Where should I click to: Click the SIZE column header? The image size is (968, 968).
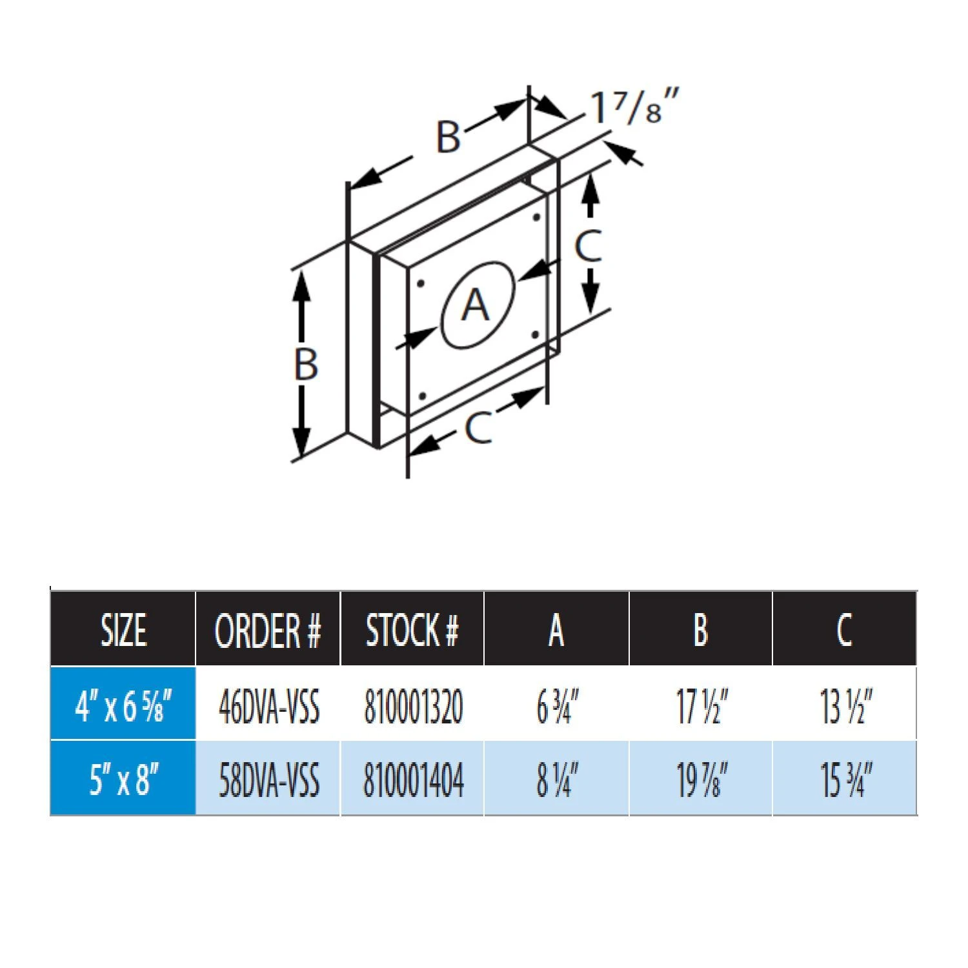pos(123,630)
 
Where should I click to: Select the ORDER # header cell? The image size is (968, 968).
pos(267,630)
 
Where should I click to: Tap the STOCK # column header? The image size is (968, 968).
pos(412,630)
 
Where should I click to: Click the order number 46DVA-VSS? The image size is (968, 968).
pos(268,706)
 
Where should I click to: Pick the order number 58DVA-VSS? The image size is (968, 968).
pos(268,780)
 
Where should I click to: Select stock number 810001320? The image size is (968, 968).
pos(413,706)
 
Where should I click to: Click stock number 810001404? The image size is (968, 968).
pos(413,780)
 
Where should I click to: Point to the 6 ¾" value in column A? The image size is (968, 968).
pos(557,706)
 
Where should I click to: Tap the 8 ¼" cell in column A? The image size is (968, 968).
pos(557,780)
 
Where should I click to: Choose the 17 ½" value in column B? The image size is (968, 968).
pos(701,706)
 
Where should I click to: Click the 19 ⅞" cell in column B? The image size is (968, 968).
pos(701,780)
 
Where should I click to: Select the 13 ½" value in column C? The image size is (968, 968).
pos(845,706)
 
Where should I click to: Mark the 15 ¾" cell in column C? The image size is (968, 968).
pos(845,780)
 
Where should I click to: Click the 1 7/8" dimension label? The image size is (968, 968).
pos(634,107)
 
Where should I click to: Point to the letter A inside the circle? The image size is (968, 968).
pos(476,305)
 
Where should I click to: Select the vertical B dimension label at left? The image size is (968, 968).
pos(306,363)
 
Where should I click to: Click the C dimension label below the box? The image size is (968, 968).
pos(478,427)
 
